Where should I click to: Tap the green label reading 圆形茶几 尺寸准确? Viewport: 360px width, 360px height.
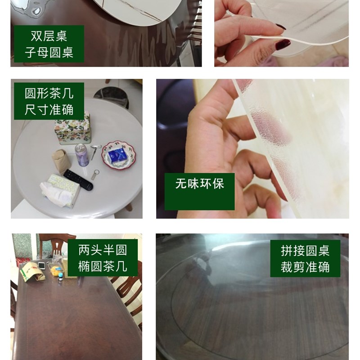click(x=49, y=101)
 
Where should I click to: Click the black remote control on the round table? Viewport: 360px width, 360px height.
click(x=77, y=179)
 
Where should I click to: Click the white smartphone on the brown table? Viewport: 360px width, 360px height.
click(x=41, y=265)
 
